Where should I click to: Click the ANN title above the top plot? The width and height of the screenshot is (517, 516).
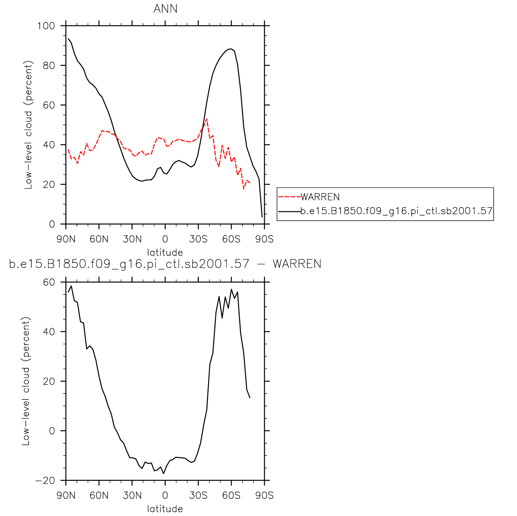(165, 9)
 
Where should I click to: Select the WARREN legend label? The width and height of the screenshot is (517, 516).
(320, 197)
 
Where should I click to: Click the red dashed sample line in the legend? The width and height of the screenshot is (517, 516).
(289, 197)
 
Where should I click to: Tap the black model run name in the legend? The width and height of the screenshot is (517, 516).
(396, 211)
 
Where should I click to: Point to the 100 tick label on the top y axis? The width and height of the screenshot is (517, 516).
(46, 26)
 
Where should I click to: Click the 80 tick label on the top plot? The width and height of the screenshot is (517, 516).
(49, 65)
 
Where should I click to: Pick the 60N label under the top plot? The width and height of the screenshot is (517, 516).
(99, 239)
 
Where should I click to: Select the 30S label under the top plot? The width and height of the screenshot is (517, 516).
(198, 239)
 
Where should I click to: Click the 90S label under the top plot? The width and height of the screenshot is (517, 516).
(264, 239)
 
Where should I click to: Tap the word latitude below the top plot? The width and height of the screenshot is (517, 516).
(165, 252)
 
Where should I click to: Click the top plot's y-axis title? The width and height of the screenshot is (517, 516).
(28, 125)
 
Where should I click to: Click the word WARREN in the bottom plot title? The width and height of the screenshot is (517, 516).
(297, 264)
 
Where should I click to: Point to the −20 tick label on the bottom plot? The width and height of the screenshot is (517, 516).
(45, 481)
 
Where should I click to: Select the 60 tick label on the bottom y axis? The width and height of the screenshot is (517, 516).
(49, 282)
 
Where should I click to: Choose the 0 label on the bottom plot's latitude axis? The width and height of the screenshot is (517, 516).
(165, 495)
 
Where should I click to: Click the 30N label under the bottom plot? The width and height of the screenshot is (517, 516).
(132, 495)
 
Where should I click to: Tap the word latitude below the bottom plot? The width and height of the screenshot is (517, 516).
(165, 509)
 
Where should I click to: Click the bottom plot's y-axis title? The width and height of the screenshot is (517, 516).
(26, 381)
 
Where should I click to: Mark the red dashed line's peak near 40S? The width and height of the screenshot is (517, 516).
(206, 119)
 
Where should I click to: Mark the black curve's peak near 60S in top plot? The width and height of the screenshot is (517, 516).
(231, 49)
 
